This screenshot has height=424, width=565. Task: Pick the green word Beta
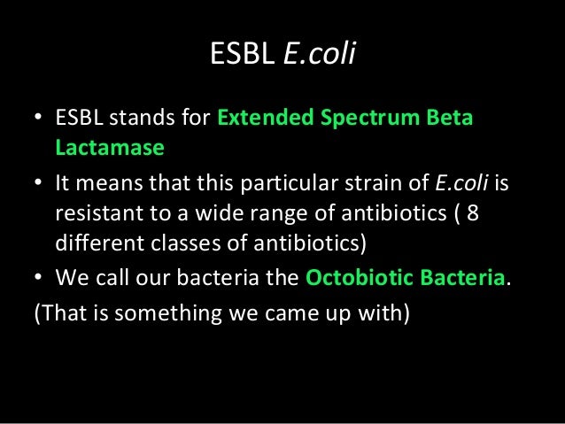tap(451, 119)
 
